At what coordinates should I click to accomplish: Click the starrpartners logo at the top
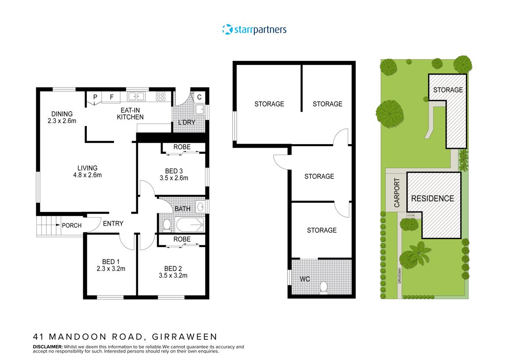click(254, 30)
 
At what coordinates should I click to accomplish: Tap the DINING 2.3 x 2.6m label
click(62, 117)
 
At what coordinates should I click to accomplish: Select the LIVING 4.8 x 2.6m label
click(87, 171)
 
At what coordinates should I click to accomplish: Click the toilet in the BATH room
click(167, 225)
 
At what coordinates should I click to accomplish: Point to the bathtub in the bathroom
click(190, 225)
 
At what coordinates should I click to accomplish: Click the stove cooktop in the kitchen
click(161, 97)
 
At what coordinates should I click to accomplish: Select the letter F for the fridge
click(111, 97)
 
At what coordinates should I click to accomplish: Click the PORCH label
click(71, 226)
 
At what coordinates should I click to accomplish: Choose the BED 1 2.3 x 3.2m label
click(111, 265)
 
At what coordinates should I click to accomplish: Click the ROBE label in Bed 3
click(182, 147)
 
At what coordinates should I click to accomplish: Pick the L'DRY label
click(186, 122)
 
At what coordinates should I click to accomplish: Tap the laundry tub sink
click(200, 109)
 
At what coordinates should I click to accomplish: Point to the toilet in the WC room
click(324, 287)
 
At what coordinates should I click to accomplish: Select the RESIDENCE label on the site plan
click(432, 198)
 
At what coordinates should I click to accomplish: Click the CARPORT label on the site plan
click(397, 193)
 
